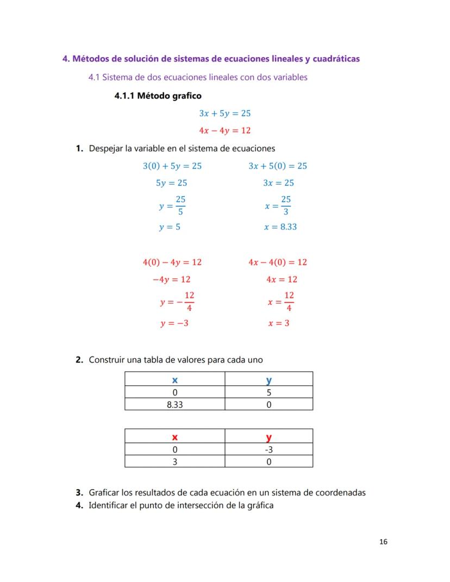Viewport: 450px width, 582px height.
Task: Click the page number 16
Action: pos(383,541)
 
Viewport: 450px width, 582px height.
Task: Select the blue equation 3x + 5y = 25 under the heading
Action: pos(224,114)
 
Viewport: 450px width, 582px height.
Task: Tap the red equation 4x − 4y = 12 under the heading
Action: pos(224,130)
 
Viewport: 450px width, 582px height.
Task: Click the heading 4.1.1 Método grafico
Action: pos(158,96)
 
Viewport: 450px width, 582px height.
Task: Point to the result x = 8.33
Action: pos(280,227)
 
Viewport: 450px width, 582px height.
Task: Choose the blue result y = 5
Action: pos(170,227)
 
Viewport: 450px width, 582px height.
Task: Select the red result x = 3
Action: pos(278,323)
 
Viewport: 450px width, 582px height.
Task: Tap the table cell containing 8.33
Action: pos(174,405)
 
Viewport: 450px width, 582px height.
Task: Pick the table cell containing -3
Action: pos(268,450)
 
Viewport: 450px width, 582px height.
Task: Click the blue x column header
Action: pos(174,380)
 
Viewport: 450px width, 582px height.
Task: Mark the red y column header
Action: pos(268,437)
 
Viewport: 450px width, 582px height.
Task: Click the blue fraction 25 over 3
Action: pos(286,205)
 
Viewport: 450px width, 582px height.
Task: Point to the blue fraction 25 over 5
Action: pos(180,205)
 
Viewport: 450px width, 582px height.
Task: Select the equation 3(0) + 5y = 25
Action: pos(172,166)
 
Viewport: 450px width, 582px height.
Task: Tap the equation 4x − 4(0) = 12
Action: pos(278,262)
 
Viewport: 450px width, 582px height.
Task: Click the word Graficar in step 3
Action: pos(105,493)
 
